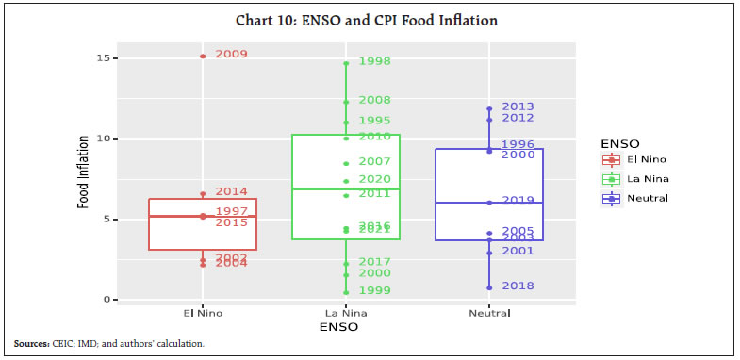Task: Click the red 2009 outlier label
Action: pyautogui.click(x=231, y=55)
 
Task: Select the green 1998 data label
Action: pyautogui.click(x=374, y=62)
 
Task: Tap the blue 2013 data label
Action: pyautogui.click(x=518, y=107)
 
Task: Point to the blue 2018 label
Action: pyautogui.click(x=518, y=286)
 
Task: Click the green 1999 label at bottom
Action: pyautogui.click(x=374, y=291)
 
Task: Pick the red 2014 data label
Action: pyautogui.click(x=231, y=192)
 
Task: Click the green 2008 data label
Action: pyautogui.click(x=374, y=101)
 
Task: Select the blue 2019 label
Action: pyautogui.click(x=518, y=201)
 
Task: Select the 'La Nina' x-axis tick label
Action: pyautogui.click(x=345, y=313)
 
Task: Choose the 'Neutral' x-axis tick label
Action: pyautogui.click(x=488, y=313)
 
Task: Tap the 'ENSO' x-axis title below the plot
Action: pyautogui.click(x=345, y=326)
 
